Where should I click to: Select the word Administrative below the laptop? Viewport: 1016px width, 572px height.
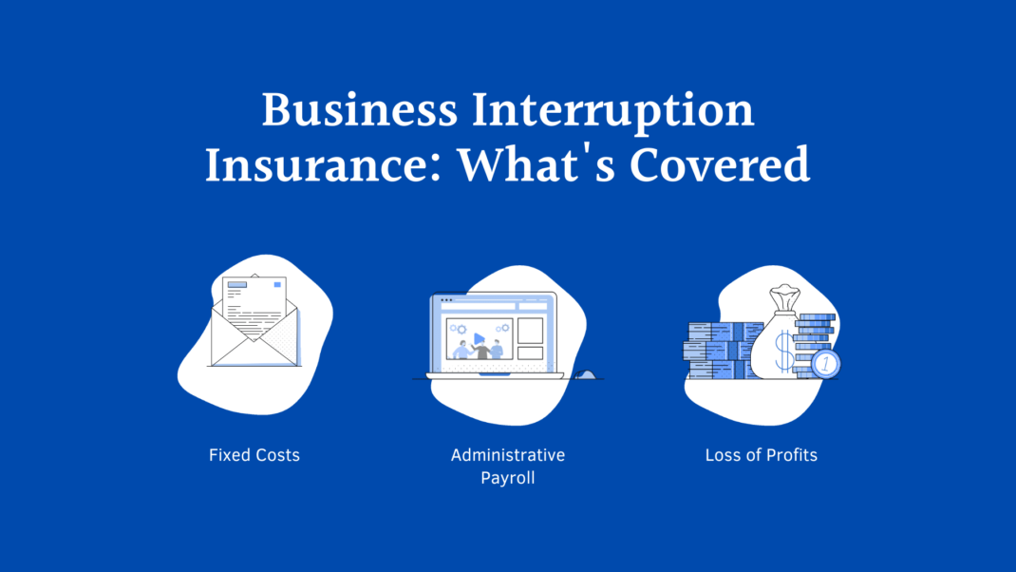pyautogui.click(x=508, y=455)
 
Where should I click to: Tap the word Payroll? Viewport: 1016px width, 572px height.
pyautogui.click(x=508, y=478)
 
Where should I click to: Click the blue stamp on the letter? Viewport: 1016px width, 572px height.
pyautogui.click(x=276, y=284)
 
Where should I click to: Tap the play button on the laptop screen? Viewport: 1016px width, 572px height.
pyautogui.click(x=480, y=337)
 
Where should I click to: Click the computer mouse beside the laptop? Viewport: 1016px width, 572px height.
pyautogui.click(x=586, y=374)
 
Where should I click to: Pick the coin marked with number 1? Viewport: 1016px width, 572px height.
pyautogui.click(x=826, y=363)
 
